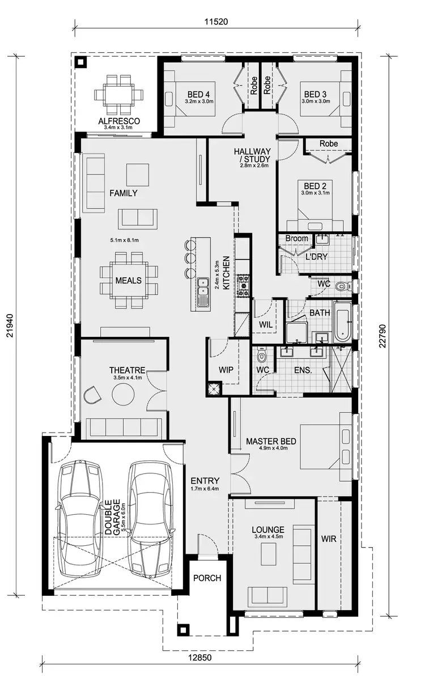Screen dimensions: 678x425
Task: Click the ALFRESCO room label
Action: point(119,121)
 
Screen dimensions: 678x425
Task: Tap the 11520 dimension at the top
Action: point(216,22)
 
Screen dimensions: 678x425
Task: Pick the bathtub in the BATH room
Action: point(342,322)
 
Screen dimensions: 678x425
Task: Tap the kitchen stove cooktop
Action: point(244,285)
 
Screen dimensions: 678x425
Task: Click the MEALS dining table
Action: point(128,280)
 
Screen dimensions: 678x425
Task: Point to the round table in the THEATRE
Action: point(122,394)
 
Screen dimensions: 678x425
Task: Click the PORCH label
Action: point(207,578)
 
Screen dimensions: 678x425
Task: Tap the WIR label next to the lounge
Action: point(329,539)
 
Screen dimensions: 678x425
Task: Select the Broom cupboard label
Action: point(296,239)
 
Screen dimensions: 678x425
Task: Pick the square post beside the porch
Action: point(183,629)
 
